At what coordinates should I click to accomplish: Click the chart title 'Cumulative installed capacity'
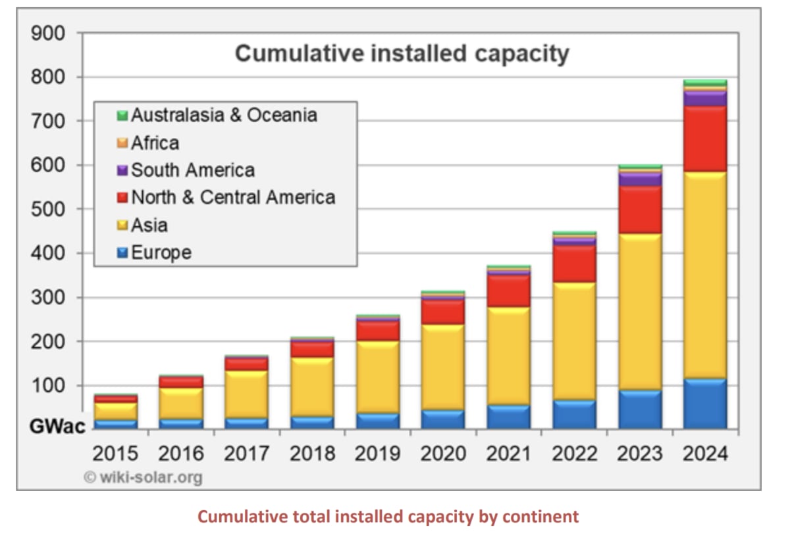pyautogui.click(x=402, y=53)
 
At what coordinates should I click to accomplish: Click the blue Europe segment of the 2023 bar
pyautogui.click(x=640, y=410)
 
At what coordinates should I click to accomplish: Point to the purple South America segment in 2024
pyautogui.click(x=704, y=99)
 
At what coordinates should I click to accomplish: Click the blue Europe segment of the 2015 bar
pyautogui.click(x=115, y=424)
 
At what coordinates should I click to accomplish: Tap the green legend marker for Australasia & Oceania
pyautogui.click(x=122, y=116)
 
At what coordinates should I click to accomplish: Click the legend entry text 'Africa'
pyautogui.click(x=155, y=143)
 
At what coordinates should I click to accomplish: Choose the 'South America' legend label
pyautogui.click(x=192, y=170)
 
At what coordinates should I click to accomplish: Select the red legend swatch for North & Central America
pyautogui.click(x=122, y=198)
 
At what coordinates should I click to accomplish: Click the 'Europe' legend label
pyautogui.click(x=161, y=252)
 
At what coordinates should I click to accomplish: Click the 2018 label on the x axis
pyautogui.click(x=312, y=454)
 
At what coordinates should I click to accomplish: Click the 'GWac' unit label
pyautogui.click(x=57, y=427)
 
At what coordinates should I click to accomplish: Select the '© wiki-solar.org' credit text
pyautogui.click(x=143, y=477)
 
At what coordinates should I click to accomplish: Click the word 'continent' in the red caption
pyautogui.click(x=540, y=517)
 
